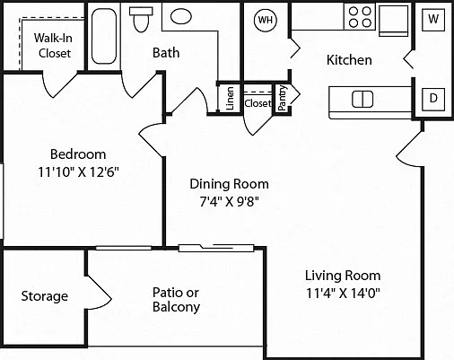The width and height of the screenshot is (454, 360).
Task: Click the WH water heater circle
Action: point(266,20)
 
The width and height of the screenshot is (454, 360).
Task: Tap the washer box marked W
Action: point(433,20)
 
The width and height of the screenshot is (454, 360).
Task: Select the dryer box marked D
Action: point(433,99)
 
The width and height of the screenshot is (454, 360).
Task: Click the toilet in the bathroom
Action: point(141,20)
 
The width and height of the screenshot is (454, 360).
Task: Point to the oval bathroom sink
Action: point(181,16)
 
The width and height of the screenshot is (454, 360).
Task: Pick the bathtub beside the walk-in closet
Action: point(104,36)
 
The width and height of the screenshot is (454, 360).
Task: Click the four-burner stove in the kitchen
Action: point(360,17)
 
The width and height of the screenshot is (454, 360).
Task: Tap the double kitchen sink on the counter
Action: point(362,99)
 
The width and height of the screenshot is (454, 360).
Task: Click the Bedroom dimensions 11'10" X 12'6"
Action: point(78,172)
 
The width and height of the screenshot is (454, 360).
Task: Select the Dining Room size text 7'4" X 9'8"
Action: point(229,201)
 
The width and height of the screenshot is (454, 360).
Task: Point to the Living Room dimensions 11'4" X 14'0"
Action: point(343,293)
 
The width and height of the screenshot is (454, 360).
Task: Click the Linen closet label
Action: point(230,99)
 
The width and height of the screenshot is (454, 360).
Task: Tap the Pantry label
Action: point(282,98)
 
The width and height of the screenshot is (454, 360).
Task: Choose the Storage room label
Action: point(45,296)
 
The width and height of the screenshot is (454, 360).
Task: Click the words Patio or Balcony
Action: point(176,300)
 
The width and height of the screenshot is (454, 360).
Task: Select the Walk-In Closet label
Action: point(53,46)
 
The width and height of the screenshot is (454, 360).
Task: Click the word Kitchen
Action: point(349,60)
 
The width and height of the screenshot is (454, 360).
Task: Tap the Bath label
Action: point(166,53)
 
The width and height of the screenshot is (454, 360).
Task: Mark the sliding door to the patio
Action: point(216,248)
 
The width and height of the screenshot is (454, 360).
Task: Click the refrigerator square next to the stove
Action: point(394,21)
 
